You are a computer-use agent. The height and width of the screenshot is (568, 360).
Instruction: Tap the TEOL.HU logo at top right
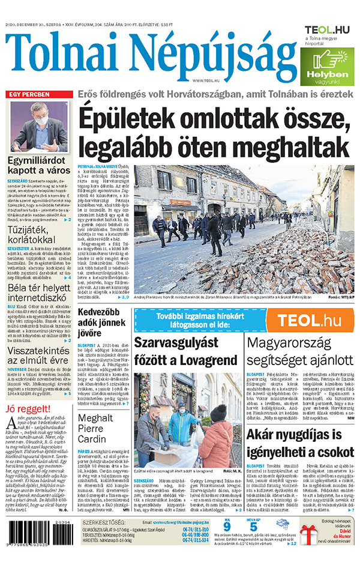coord(326,30)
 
